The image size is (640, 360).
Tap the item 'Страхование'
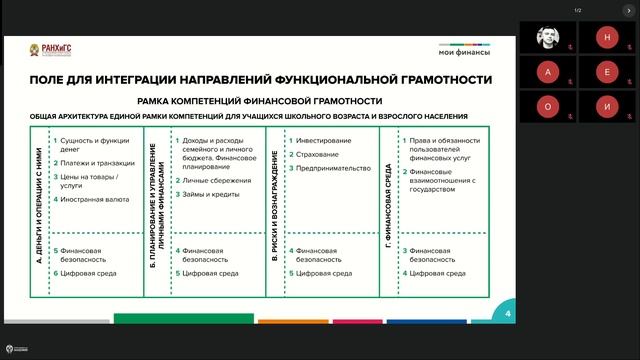(318, 154)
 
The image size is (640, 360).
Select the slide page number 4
(508, 314)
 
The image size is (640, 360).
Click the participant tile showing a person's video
(549, 38)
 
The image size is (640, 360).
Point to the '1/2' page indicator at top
(577, 11)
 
